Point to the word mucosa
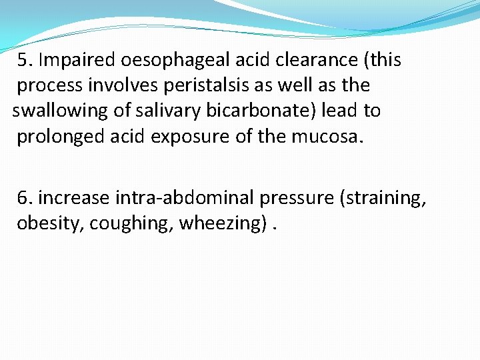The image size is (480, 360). tap(325, 137)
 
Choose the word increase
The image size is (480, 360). tap(75, 198)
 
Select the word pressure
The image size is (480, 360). tap(295, 198)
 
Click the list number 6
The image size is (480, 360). tap(25, 198)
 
